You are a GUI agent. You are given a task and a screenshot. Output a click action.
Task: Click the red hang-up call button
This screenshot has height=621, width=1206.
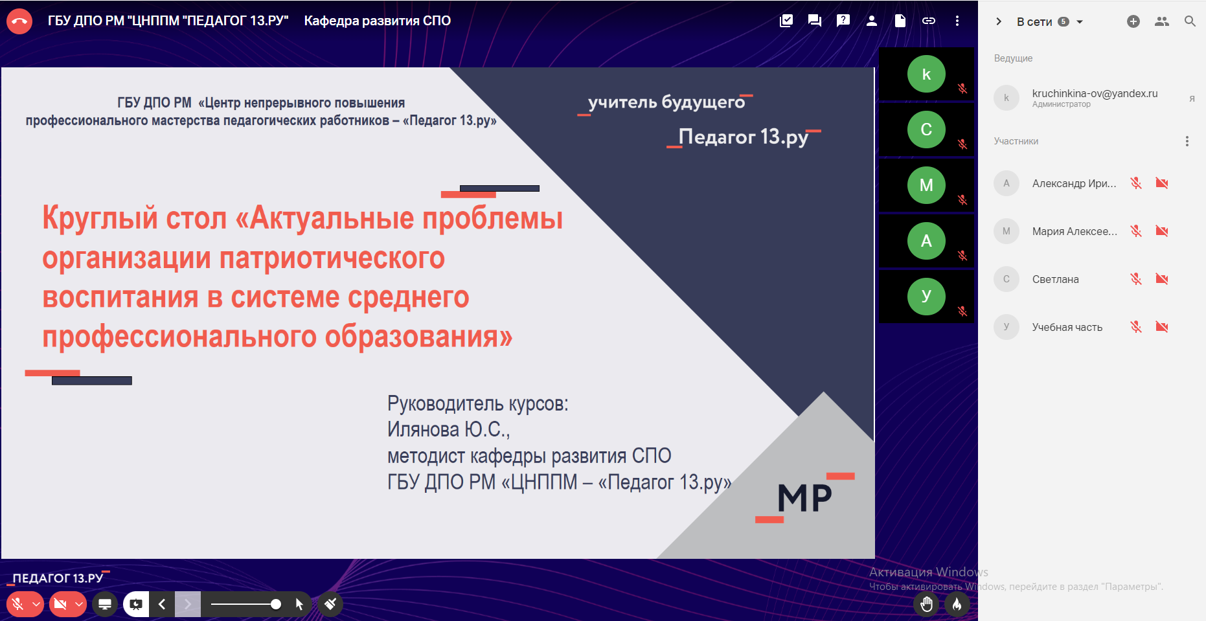point(19,21)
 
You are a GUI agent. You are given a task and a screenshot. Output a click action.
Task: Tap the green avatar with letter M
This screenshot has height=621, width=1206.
point(926,185)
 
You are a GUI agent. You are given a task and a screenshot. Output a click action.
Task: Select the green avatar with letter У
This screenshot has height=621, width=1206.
point(926,297)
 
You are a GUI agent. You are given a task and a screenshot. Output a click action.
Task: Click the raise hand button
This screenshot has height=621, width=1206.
point(927,604)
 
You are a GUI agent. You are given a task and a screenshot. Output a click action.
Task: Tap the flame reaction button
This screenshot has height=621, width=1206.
point(957,604)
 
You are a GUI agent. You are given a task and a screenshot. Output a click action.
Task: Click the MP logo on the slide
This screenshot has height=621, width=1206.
point(805,498)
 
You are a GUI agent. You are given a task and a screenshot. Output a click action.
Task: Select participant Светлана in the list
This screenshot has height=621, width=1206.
point(1055,279)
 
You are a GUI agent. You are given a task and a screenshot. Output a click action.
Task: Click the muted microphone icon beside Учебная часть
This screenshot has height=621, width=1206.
point(1136,327)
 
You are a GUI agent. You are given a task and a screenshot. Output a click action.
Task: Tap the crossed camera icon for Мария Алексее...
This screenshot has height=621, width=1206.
point(1162,231)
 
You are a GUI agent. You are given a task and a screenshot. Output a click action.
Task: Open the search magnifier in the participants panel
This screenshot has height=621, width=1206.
point(1190,21)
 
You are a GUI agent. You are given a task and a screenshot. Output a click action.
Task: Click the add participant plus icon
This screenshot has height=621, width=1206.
point(1133,21)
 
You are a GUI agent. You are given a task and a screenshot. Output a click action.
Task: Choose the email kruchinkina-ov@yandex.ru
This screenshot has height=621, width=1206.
point(1095,93)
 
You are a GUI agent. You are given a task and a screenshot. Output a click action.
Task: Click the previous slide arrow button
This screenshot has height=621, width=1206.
point(162,604)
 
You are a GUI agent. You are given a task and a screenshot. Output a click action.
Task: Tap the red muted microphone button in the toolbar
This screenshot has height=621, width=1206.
point(18,604)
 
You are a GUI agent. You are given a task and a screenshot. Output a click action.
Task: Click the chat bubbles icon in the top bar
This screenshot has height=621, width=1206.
point(815,21)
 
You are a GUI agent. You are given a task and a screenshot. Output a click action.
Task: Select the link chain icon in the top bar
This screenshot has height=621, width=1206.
point(929,21)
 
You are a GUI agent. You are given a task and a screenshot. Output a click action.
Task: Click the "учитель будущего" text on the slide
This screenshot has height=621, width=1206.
point(666,102)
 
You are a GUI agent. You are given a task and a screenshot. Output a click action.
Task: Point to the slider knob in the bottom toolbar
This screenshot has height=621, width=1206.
point(276,604)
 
